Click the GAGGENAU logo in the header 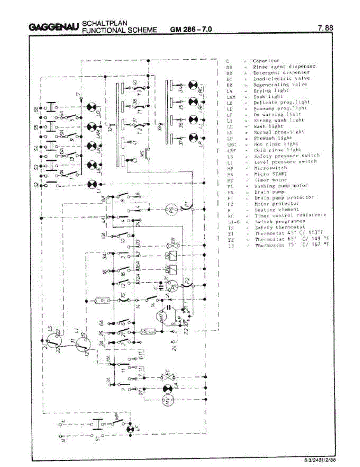[54, 28]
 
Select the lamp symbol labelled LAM [92, 126]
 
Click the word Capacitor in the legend [266, 61]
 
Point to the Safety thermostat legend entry [279, 227]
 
